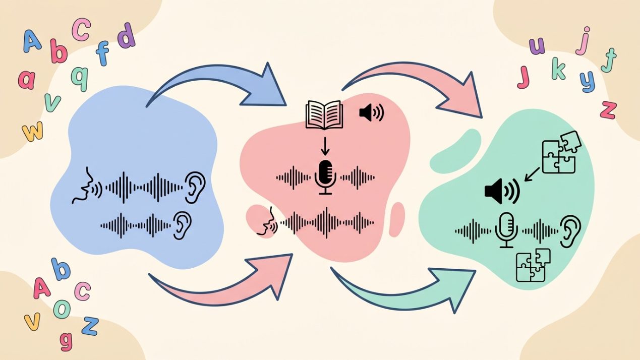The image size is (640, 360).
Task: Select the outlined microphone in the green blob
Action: pyautogui.click(x=506, y=230)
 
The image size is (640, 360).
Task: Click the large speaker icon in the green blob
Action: pyautogui.click(x=502, y=191)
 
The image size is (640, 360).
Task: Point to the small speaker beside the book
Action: pyautogui.click(x=371, y=112)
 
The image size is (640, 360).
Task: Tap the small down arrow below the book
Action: pyautogui.click(x=325, y=146)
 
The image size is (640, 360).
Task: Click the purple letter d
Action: pyautogui.click(x=126, y=35)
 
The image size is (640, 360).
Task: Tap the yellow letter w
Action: pyautogui.click(x=33, y=131)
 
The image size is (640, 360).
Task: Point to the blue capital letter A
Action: pyautogui.click(x=32, y=41)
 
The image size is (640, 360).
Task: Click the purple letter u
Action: pyautogui.click(x=537, y=46)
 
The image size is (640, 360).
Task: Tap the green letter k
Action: pyautogui.click(x=559, y=69)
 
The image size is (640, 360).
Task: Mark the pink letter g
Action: pyautogui.click(x=66, y=341)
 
